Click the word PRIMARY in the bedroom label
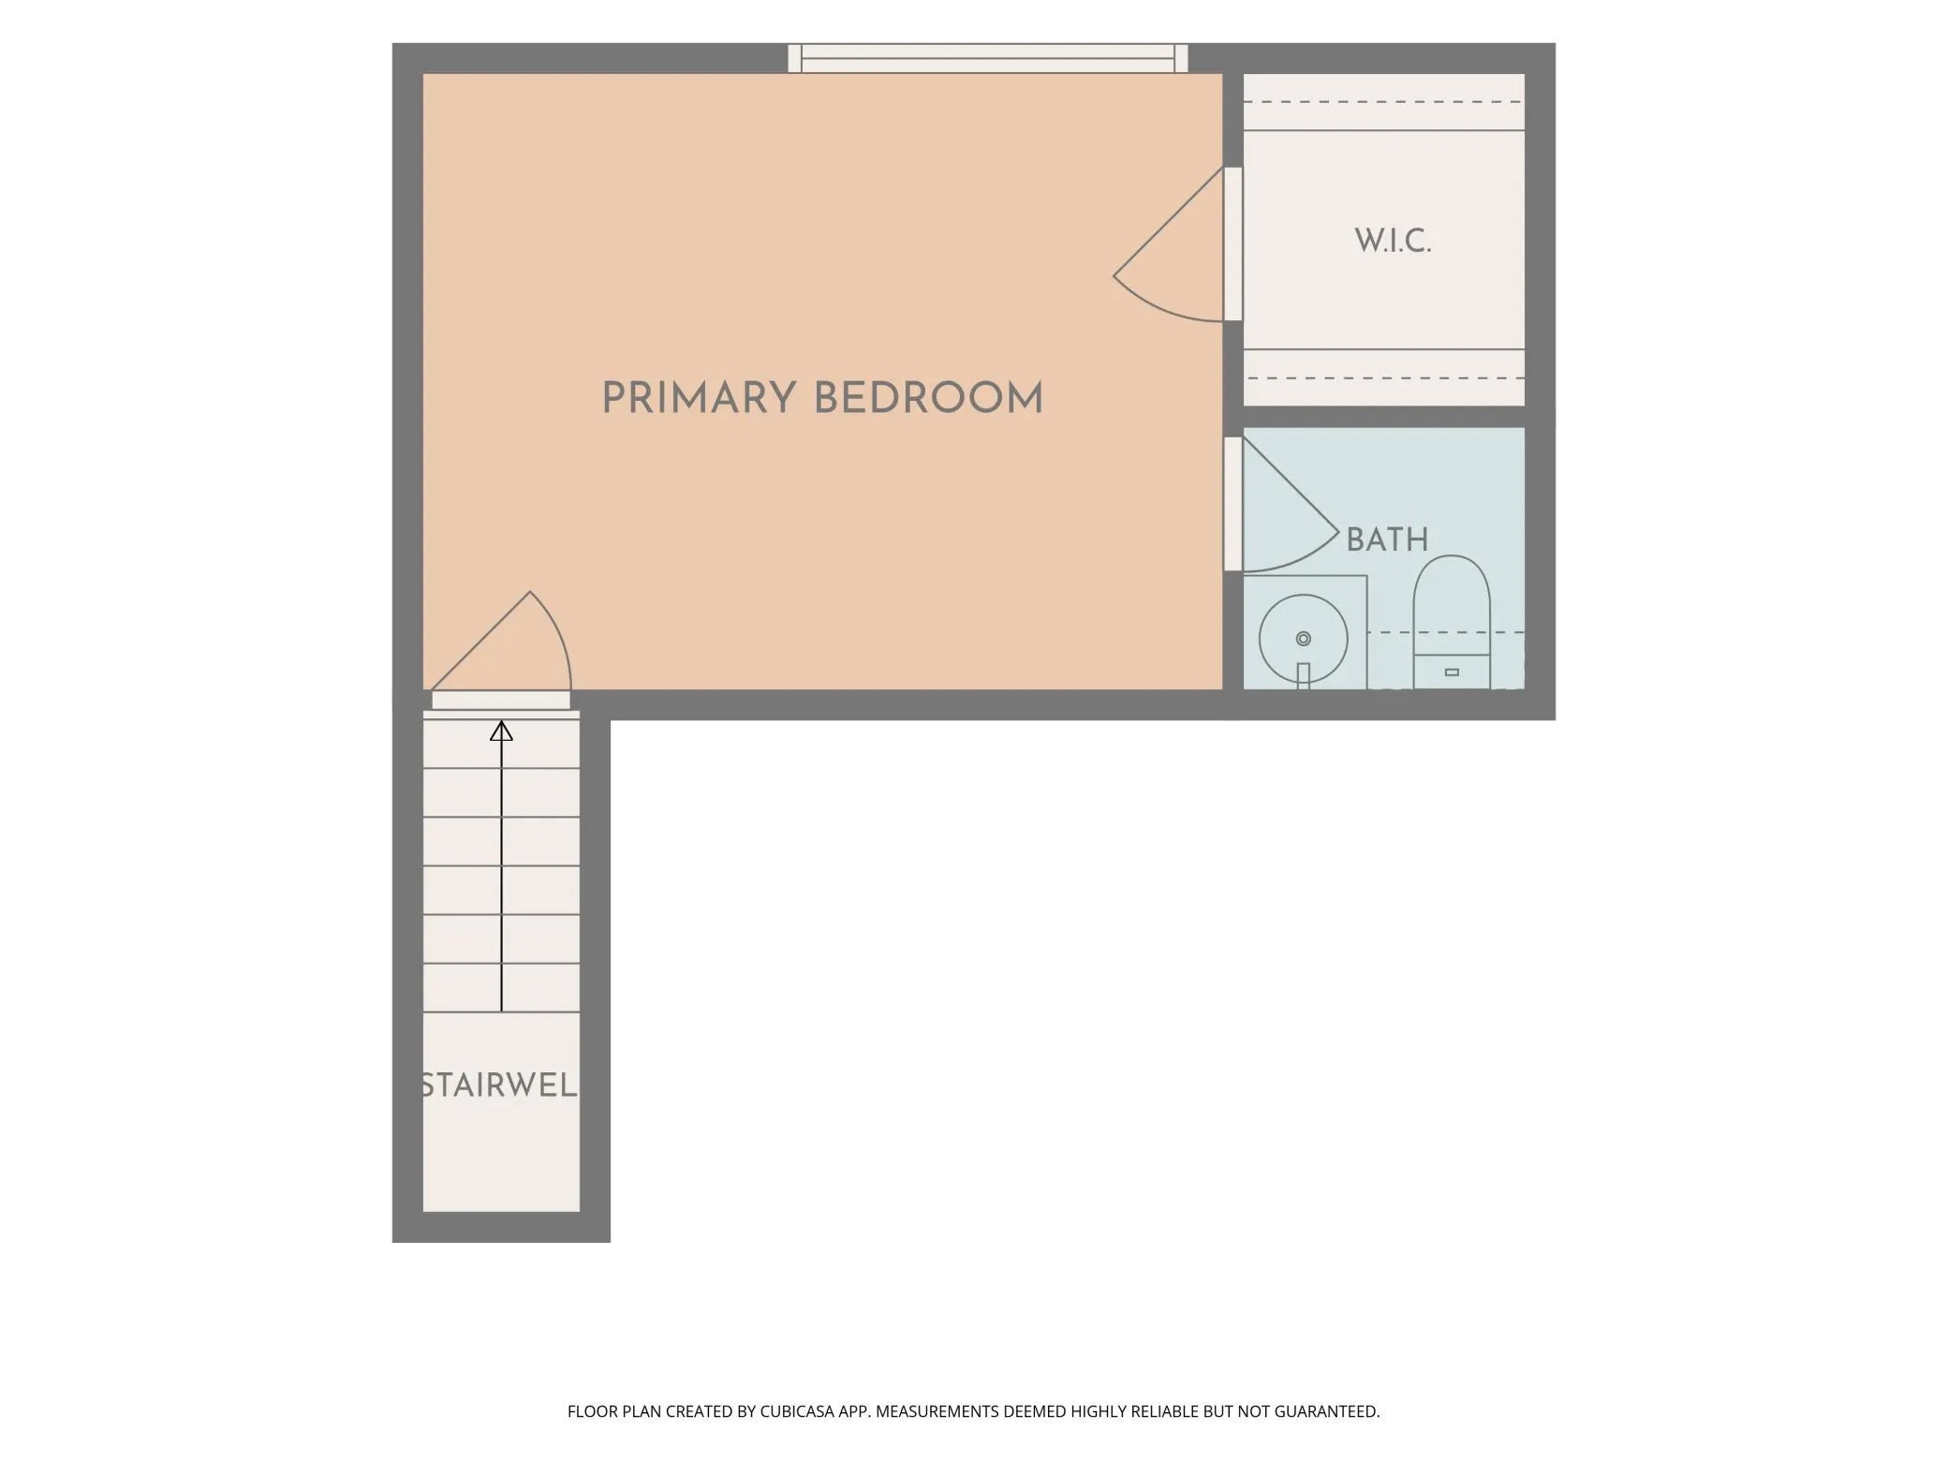tap(699, 398)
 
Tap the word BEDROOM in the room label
tap(928, 398)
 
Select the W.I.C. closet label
tap(1393, 242)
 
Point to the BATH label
tap(1387, 539)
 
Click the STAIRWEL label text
tap(499, 1085)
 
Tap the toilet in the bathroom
tap(1451, 622)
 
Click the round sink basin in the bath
tap(1303, 639)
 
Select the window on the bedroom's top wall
tap(988, 58)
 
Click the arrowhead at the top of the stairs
tap(501, 730)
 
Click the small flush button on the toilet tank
tap(1452, 672)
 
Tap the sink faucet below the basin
tap(1303, 676)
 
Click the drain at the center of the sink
tap(1303, 639)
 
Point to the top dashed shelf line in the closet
tap(1383, 102)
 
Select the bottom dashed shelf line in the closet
tap(1383, 378)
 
